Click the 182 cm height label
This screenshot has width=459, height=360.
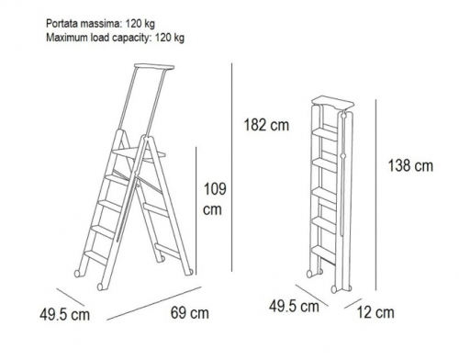266,125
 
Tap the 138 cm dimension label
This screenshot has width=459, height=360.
410,166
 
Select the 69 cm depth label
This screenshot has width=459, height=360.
190,313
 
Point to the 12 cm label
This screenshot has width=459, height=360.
375,312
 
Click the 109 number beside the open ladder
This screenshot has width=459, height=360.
215,189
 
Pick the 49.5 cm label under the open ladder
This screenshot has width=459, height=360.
64,315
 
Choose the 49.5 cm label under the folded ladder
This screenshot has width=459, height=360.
294,306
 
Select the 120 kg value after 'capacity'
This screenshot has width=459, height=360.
170,38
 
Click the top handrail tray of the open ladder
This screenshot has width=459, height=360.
154,66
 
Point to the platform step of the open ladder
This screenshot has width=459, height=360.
139,154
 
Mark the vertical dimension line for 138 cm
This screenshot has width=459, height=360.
376,195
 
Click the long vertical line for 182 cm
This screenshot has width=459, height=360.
231,167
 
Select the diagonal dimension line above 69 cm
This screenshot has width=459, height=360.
154,303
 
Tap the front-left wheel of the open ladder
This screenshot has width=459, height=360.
100,287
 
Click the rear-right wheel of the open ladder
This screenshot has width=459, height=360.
190,272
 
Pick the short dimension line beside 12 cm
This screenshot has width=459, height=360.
353,304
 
